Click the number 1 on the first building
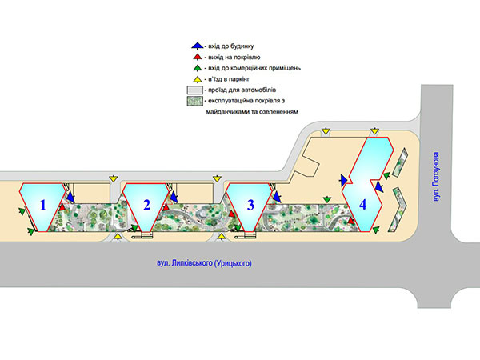pos(43,205)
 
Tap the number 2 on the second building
pos(146,205)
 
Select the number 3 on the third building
pos(250,205)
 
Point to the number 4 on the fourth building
pos(362,204)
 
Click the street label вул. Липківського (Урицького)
pos(204,263)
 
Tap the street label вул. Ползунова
pos(436,177)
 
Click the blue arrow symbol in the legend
pos(198,46)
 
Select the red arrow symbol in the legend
pos(198,57)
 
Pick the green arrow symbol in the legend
pos(198,68)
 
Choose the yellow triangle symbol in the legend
pos(198,79)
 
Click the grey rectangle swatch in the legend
pos(195,90)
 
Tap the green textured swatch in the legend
pos(195,102)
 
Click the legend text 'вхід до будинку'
pos(231,46)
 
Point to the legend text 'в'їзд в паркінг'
pos(229,79)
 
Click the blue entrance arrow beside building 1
pos(70,197)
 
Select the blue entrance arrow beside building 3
pos(277,197)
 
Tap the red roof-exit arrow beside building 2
pos(166,207)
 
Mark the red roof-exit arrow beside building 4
pos(350,221)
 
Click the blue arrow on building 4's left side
pos(344,180)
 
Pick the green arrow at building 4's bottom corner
pos(376,230)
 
